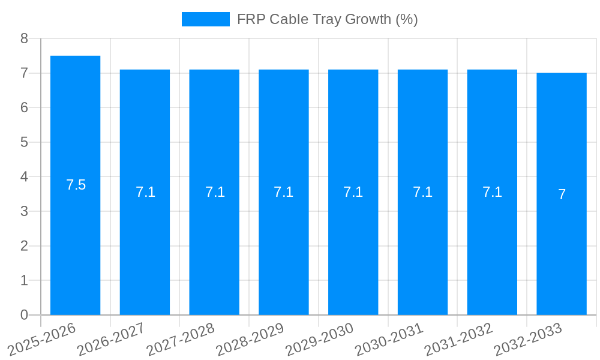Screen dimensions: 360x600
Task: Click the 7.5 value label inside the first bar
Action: point(76,185)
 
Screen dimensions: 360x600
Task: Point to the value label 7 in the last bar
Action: point(562,194)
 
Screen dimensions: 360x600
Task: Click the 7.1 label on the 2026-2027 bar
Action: point(145,192)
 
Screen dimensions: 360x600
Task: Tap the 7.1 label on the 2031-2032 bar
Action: point(493,192)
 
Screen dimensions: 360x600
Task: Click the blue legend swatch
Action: point(205,19)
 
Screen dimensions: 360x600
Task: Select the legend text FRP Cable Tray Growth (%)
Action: point(327,19)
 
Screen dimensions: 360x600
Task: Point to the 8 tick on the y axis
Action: point(24,38)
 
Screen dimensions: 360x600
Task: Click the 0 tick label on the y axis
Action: point(24,315)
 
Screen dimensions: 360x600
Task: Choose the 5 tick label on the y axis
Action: point(24,142)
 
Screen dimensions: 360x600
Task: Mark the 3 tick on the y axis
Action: point(24,211)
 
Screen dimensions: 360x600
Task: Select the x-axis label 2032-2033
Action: point(529,338)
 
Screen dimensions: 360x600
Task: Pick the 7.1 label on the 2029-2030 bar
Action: point(353,192)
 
